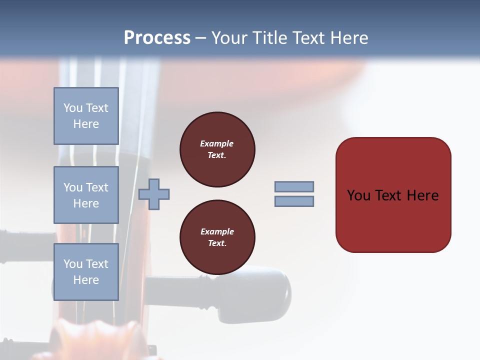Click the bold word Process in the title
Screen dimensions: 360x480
point(157,38)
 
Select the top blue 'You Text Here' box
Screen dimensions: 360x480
point(86,116)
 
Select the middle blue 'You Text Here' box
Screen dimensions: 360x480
point(86,195)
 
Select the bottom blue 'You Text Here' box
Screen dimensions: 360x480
point(86,272)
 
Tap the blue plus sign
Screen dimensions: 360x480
point(154,194)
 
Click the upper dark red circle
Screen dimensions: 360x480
point(217,149)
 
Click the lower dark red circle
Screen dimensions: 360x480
point(217,237)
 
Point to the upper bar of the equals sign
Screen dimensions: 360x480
point(294,187)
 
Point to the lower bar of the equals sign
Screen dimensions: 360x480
point(294,201)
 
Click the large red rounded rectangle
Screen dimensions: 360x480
point(393,220)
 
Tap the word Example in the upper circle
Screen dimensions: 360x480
point(217,143)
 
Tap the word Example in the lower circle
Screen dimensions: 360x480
point(217,231)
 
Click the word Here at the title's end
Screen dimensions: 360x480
point(350,38)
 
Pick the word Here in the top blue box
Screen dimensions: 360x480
point(86,124)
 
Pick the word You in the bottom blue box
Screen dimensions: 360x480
point(73,264)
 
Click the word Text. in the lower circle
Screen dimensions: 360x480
point(217,243)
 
